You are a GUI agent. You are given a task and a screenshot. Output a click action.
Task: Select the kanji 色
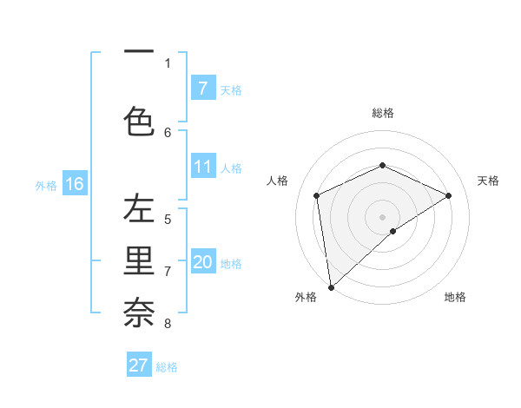pyautogui.click(x=138, y=120)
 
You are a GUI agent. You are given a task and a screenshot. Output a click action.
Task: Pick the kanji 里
pyautogui.click(x=138, y=260)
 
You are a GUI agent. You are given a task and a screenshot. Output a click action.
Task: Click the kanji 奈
pyautogui.click(x=138, y=311)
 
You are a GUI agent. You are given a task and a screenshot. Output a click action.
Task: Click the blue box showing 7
pyautogui.click(x=203, y=88)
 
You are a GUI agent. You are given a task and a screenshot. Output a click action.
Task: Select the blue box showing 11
pyautogui.click(x=203, y=167)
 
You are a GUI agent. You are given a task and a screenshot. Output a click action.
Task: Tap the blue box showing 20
pyautogui.click(x=203, y=262)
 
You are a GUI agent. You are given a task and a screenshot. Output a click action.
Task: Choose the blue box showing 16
pyautogui.click(x=74, y=184)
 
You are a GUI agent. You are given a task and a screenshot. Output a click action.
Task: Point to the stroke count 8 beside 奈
pyautogui.click(x=168, y=324)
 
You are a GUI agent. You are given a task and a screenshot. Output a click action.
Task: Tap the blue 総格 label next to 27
pyautogui.click(x=167, y=367)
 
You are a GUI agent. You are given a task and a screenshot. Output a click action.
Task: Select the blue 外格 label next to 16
pyautogui.click(x=46, y=186)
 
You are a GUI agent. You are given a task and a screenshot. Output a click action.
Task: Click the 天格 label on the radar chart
pyautogui.click(x=488, y=181)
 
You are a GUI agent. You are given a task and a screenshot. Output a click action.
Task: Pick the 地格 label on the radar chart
pyautogui.click(x=455, y=297)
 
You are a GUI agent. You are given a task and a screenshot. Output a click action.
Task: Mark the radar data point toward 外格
pyautogui.click(x=330, y=287)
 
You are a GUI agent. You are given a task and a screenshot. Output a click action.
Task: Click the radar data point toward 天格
pyautogui.click(x=448, y=195)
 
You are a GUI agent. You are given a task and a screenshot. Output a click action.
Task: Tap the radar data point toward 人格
pyautogui.click(x=317, y=195)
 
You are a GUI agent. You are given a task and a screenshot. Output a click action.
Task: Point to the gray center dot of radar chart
pyautogui.click(x=382, y=216)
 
